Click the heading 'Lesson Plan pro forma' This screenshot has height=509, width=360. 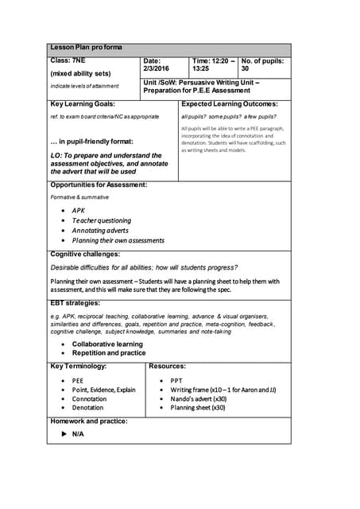tap(86, 48)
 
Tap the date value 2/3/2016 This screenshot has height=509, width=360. tap(157, 69)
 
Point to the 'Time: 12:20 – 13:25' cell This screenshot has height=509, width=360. tap(213, 64)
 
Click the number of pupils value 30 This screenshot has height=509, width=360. tap(246, 69)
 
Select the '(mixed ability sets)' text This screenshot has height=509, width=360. tap(81, 73)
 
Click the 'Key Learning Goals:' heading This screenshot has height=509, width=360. tap(83, 104)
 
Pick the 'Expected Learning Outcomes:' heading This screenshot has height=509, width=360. tap(230, 104)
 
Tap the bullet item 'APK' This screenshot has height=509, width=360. tap(79, 211)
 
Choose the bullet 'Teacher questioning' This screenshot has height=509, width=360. tap(102, 220)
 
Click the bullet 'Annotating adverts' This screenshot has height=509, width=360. tap(100, 231)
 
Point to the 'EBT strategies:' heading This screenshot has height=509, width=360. tap(75, 303)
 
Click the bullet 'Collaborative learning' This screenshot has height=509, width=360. tap(107, 344)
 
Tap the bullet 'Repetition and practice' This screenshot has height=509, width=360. tap(109, 353)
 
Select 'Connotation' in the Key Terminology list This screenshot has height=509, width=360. tap(89, 399)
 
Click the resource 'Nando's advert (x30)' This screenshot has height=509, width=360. tap(198, 399)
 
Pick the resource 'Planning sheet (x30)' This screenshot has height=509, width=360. tap(198, 408)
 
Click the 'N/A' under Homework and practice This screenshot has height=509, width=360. tap(78, 434)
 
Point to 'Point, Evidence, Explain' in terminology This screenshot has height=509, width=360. tap(104, 390)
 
